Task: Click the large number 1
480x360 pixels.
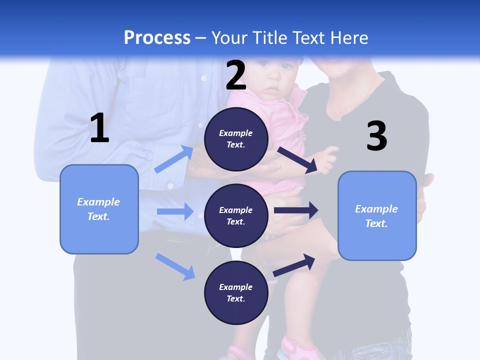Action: coord(99,128)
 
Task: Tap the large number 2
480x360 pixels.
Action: coord(236,75)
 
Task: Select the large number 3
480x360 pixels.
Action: coord(377,136)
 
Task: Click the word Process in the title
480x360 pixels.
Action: coord(157,37)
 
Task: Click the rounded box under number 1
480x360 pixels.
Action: coord(99,209)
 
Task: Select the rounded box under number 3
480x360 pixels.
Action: coord(377,215)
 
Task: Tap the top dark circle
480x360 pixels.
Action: coord(236,139)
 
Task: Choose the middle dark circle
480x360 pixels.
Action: coord(236,215)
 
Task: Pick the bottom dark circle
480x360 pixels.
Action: coord(236,292)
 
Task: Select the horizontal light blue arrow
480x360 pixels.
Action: coord(175,211)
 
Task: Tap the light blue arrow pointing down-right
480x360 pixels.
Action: coord(175,266)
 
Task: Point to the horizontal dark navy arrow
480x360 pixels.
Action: coord(296,210)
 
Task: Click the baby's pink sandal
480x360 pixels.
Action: coord(295,347)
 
